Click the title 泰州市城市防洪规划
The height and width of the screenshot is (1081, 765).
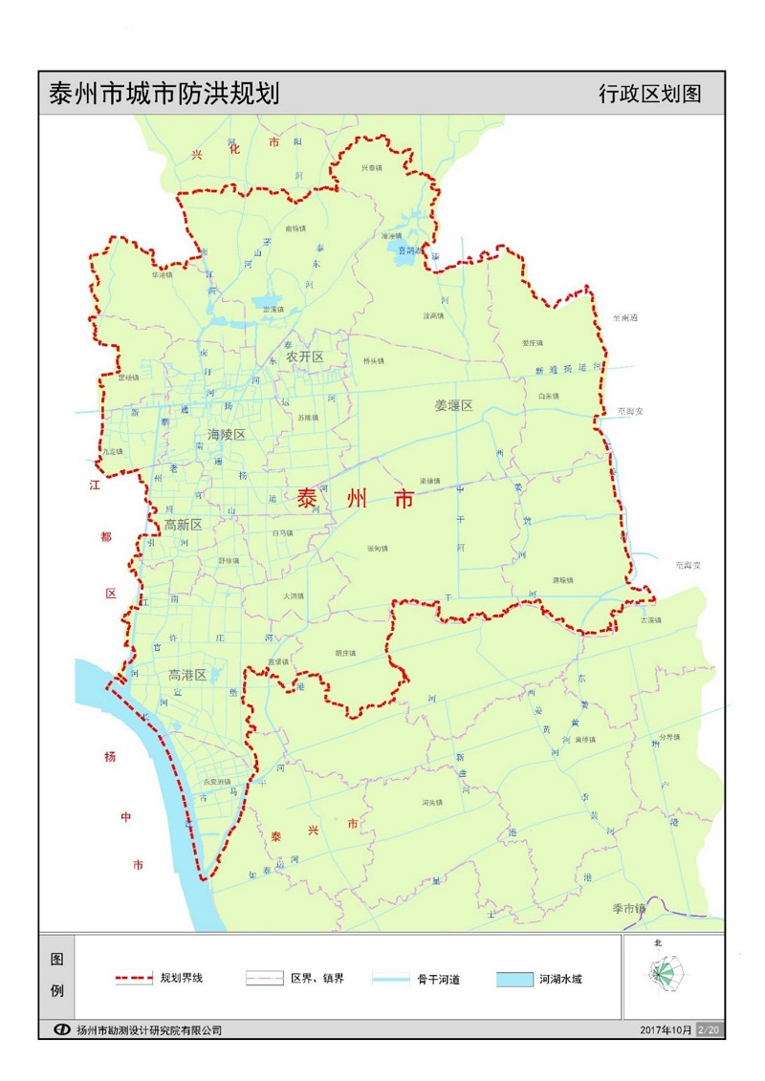tap(164, 95)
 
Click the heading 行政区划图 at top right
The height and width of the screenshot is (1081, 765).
tap(649, 95)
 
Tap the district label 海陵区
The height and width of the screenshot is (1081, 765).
tap(227, 435)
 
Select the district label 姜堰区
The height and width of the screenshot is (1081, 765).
tap(453, 405)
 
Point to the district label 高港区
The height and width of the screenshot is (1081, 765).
tap(186, 675)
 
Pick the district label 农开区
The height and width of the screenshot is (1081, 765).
tap(306, 357)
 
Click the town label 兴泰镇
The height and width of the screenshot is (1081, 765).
tap(371, 167)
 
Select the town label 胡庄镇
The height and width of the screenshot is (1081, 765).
tap(345, 654)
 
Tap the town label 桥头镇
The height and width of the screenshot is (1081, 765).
tap(373, 361)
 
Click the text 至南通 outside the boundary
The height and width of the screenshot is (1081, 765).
tap(625, 316)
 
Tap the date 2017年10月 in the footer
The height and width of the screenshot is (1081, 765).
tap(667, 1029)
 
